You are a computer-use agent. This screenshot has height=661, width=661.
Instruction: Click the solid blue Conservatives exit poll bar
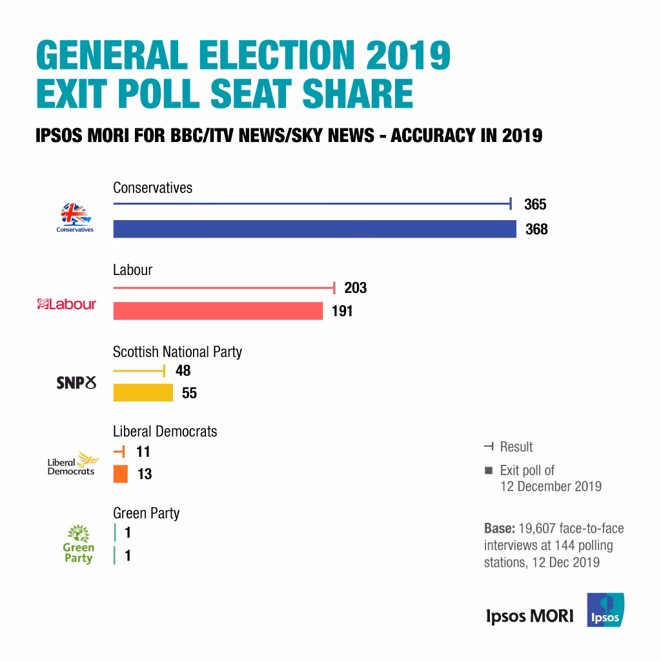tap(314, 229)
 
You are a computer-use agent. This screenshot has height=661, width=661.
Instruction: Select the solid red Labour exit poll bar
tap(218, 311)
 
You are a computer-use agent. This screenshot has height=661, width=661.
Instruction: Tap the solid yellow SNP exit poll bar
tap(143, 392)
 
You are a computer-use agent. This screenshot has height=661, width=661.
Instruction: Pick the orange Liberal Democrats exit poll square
tap(121, 474)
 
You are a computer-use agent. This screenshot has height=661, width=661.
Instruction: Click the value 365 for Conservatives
tap(535, 205)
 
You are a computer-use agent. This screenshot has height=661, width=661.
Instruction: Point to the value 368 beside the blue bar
tap(536, 229)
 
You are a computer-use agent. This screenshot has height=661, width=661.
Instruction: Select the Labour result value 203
tap(355, 288)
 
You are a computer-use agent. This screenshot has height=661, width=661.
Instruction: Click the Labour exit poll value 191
tap(342, 311)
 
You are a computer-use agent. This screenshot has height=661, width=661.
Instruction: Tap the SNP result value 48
tap(183, 371)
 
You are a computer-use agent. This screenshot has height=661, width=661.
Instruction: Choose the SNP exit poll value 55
tap(189, 392)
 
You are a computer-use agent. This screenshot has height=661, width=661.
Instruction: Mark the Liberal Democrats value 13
tap(145, 474)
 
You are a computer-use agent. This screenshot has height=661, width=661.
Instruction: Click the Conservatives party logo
tap(74, 218)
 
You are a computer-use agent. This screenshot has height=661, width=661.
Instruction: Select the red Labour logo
tap(66, 304)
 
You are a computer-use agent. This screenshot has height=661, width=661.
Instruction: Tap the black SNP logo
tap(76, 383)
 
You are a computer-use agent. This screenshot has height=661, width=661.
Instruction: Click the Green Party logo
tap(78, 545)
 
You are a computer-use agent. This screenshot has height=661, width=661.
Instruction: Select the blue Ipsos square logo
tap(605, 610)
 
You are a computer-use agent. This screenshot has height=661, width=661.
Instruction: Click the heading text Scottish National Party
tap(178, 352)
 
